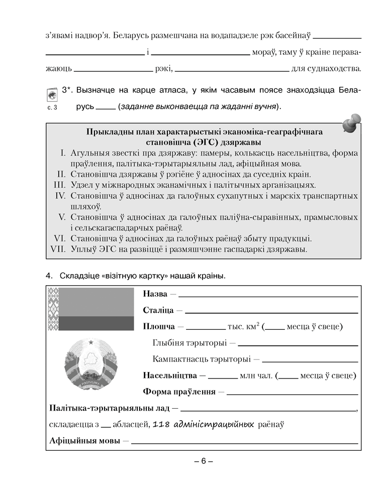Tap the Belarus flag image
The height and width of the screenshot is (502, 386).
[x=90, y=309]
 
